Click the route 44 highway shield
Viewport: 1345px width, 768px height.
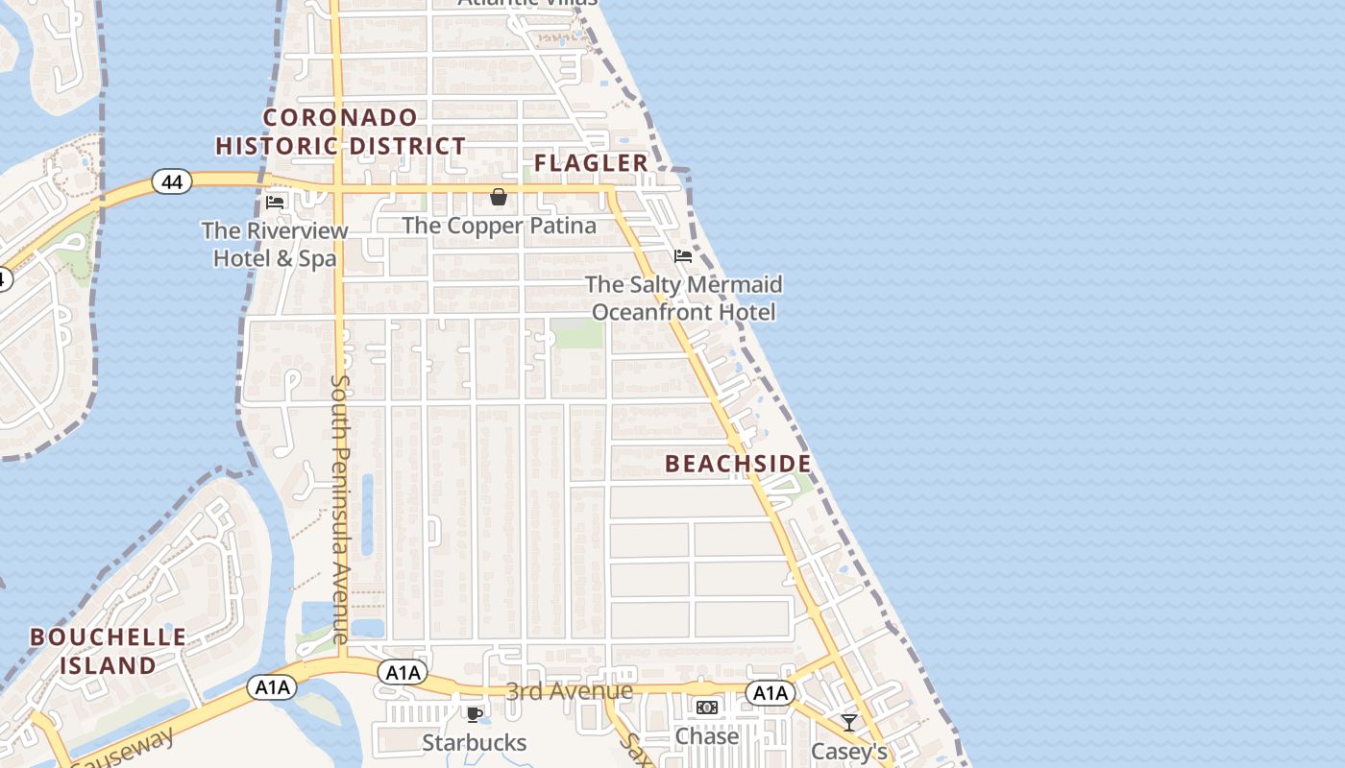click(172, 181)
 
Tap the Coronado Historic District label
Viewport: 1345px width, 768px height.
click(341, 132)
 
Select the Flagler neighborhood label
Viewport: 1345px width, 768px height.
click(592, 163)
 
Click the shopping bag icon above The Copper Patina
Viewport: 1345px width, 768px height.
click(499, 197)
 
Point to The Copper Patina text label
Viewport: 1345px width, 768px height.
click(499, 226)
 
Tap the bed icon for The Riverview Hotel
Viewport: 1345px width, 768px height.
click(275, 202)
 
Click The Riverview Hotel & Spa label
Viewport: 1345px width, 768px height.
click(275, 244)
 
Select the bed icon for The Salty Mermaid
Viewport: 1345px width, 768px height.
click(683, 255)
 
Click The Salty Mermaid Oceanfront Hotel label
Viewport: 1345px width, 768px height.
click(683, 298)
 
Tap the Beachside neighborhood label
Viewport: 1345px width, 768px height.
click(738, 464)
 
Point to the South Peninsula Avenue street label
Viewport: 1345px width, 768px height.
click(340, 509)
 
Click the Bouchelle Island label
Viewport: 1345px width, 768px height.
click(108, 651)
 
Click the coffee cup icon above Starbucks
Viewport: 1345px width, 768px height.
click(474, 713)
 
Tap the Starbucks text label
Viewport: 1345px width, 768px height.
click(474, 742)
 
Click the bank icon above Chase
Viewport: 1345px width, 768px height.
click(707, 708)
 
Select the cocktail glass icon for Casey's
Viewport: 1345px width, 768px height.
click(848, 722)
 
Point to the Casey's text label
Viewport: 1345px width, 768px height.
click(848, 751)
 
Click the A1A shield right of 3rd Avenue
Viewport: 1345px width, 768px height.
click(770, 693)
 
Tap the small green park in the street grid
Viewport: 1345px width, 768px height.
click(577, 334)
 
